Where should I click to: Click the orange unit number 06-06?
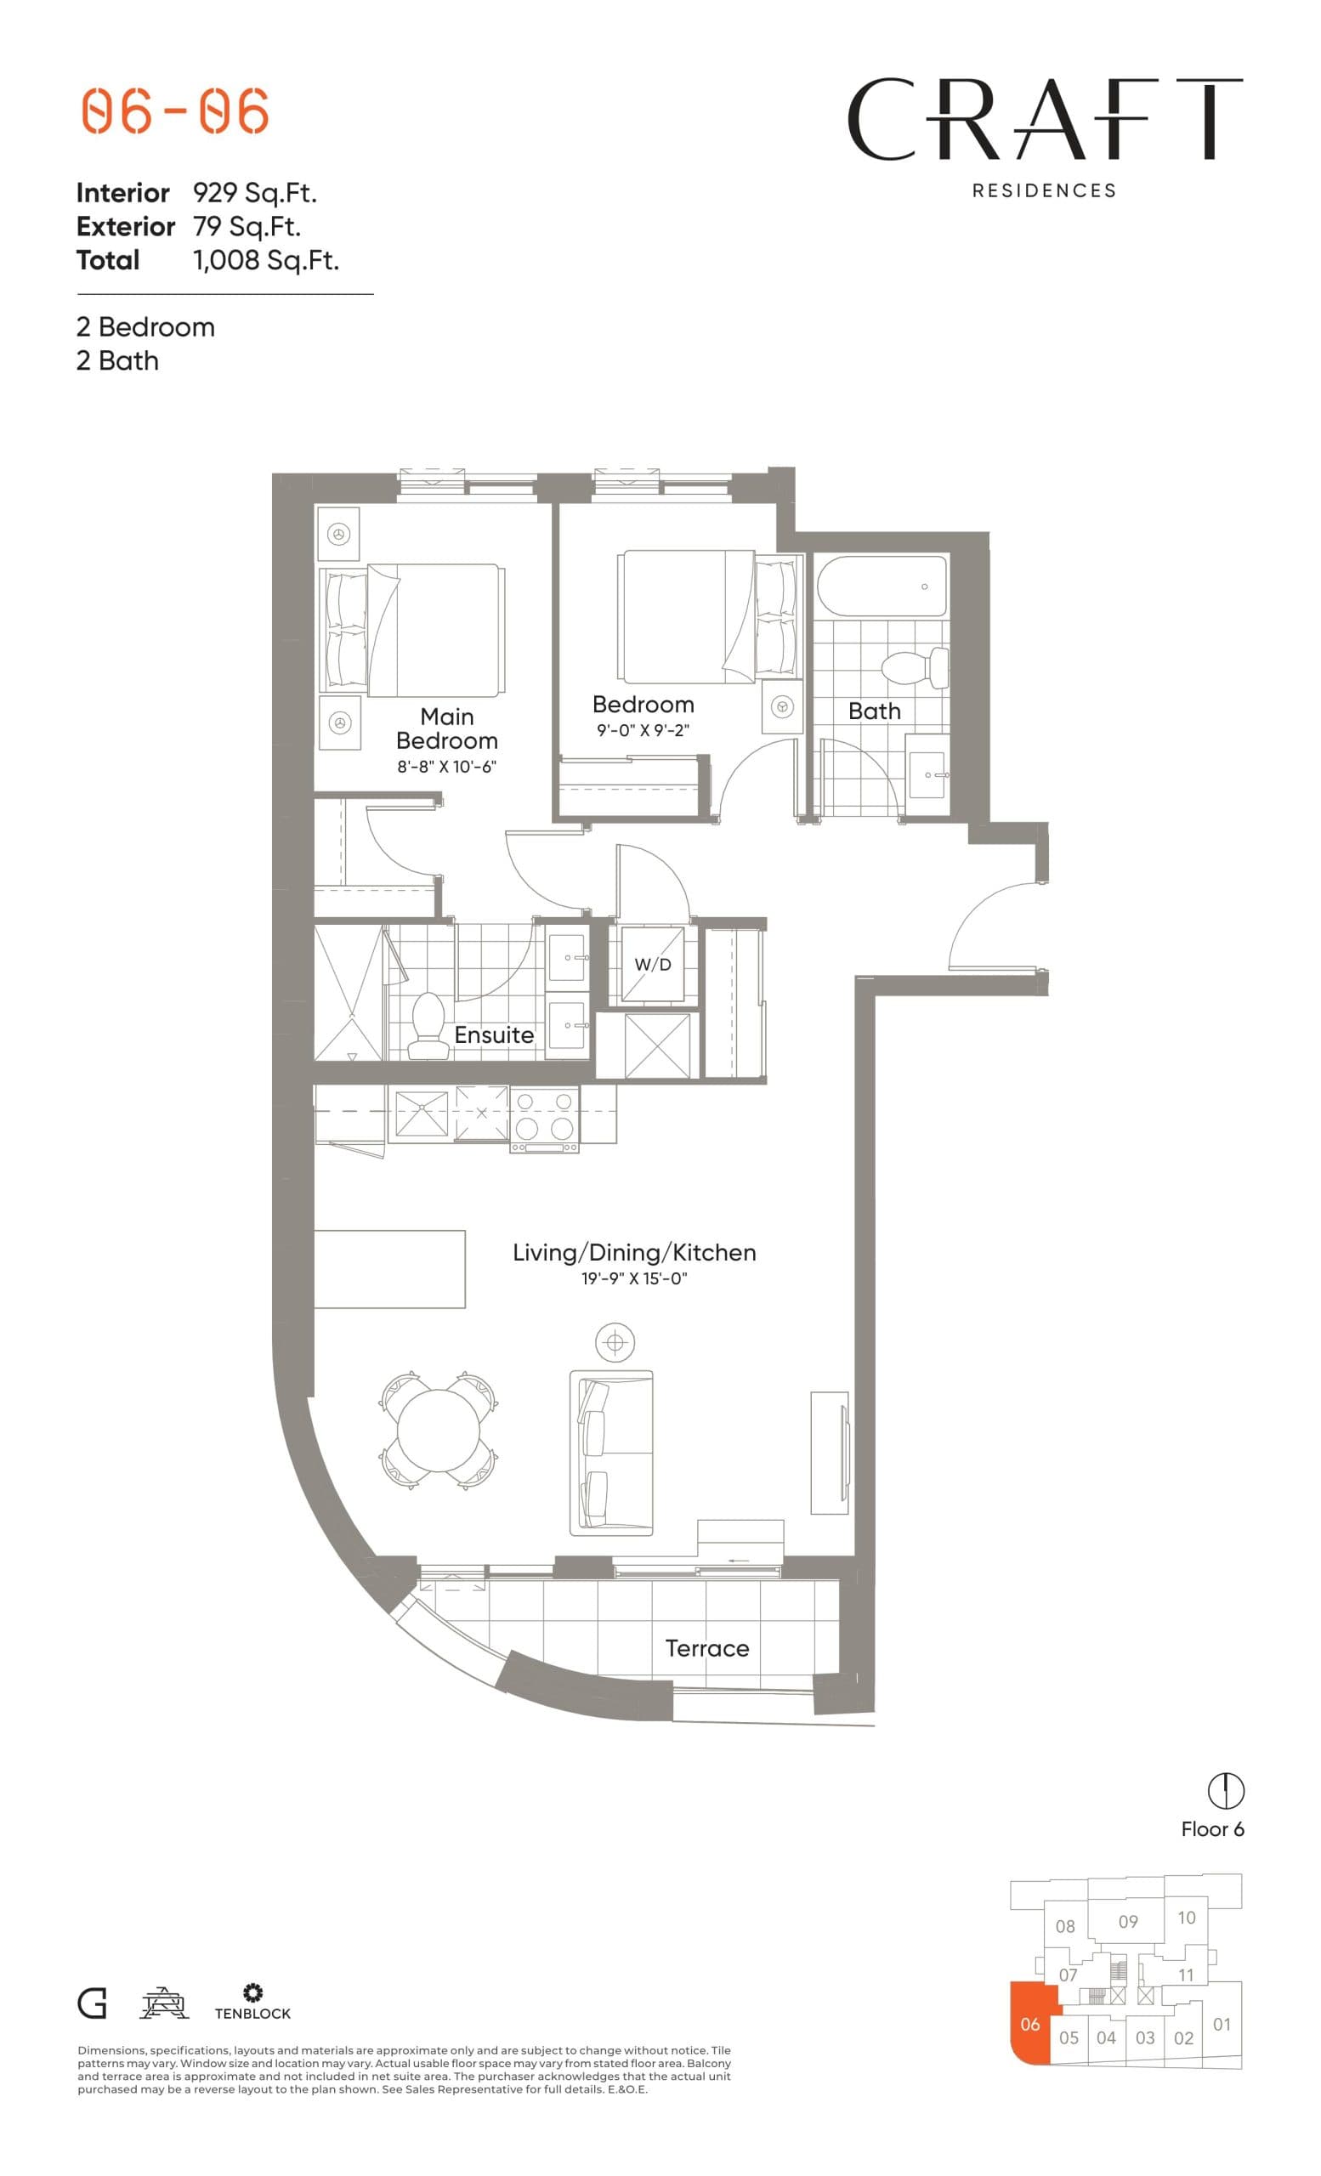175,111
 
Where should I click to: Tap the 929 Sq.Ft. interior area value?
253,192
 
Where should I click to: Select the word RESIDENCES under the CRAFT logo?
1043,190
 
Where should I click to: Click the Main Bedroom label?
446,728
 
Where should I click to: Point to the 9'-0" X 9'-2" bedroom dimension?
642,730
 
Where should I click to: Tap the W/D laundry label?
653,965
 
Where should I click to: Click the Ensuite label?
494,1035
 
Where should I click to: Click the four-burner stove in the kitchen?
544,1116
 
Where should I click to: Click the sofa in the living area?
611,1452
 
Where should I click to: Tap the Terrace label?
706,1649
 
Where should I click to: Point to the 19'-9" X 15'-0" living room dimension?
633,1278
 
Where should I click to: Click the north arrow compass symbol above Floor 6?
1225,1791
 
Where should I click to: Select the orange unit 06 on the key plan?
1029,2024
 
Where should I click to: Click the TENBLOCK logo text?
252,2014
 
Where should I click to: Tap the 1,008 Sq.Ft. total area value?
265,260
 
